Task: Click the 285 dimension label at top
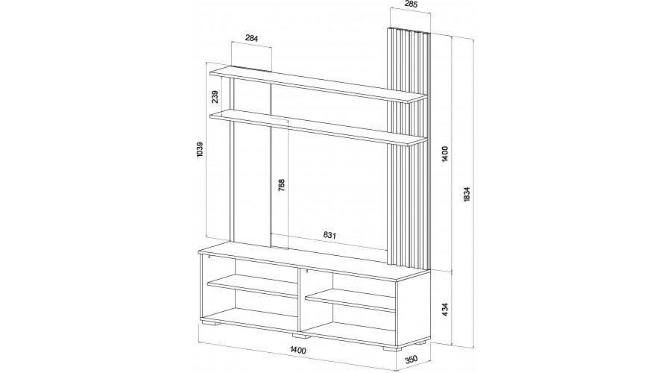click(410, 4)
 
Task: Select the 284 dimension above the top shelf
click(252, 38)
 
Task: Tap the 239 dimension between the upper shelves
click(215, 97)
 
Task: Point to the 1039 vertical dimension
click(200, 149)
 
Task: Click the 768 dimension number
click(281, 184)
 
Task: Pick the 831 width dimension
click(330, 235)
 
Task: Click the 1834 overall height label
click(467, 194)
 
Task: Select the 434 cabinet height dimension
click(445, 309)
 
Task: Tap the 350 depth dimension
click(411, 359)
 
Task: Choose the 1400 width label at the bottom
click(297, 350)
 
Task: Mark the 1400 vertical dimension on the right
click(445, 154)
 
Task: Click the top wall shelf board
click(318, 84)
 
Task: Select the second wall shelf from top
click(318, 127)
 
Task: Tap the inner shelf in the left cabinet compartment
click(253, 286)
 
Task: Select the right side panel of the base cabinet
click(413, 310)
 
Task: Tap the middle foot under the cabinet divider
click(301, 336)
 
